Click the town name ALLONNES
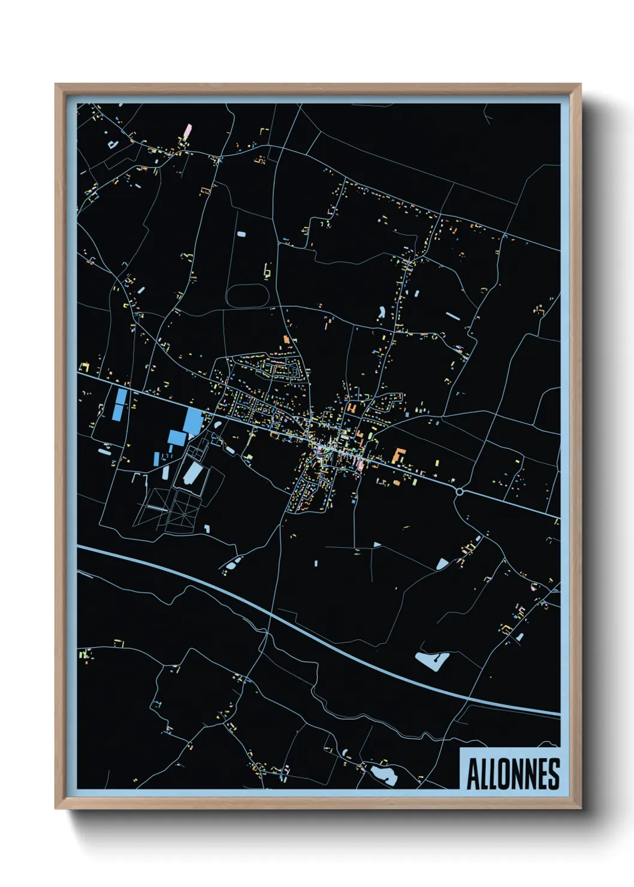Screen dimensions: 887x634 [512, 774]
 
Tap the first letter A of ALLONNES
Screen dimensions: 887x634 [472, 774]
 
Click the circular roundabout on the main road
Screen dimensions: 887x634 [460, 492]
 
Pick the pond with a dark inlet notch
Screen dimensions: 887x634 [433, 661]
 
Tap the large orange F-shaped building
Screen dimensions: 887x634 [398, 455]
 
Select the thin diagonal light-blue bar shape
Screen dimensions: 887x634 [453, 315]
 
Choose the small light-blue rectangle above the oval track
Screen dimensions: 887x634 [241, 234]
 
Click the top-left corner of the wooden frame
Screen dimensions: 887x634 [56, 85]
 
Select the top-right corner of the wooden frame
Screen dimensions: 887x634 [580, 85]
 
